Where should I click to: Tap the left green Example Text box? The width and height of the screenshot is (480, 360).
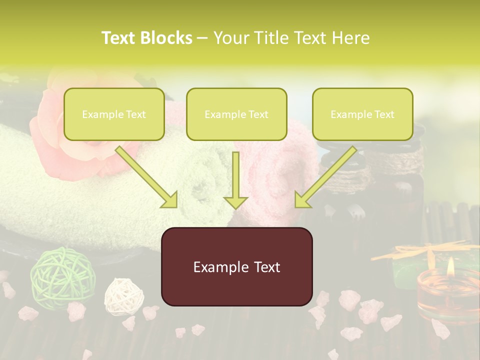point(114,114)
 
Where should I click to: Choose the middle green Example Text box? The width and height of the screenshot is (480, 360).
point(236,114)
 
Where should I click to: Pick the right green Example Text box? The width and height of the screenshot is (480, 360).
point(362,114)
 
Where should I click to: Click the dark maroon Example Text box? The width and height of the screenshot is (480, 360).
point(236,266)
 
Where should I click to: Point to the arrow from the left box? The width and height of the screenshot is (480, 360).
point(147,177)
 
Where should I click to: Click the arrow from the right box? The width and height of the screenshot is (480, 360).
point(324,177)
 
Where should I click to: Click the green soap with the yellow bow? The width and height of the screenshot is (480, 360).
point(407,270)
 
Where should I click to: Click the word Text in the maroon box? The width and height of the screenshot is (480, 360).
point(263,267)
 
